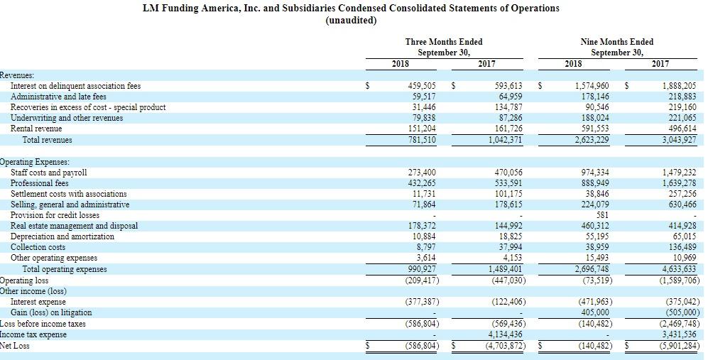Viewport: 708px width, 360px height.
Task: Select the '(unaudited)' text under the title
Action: tap(351, 20)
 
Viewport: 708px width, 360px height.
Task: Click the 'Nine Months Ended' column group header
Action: tap(617, 42)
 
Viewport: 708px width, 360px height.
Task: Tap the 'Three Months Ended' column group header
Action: tap(444, 42)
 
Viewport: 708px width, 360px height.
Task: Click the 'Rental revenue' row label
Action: tap(36, 129)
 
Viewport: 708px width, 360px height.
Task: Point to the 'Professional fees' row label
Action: tap(40, 183)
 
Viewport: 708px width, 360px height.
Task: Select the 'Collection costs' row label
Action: tap(38, 247)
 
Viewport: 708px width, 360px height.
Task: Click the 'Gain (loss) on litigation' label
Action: tap(51, 312)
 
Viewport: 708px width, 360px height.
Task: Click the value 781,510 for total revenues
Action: tap(420, 140)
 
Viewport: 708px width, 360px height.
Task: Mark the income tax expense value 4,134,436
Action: tap(505, 334)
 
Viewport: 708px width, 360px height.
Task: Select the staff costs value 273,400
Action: tap(420, 173)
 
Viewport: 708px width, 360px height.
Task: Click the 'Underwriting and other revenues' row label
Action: tap(67, 118)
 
